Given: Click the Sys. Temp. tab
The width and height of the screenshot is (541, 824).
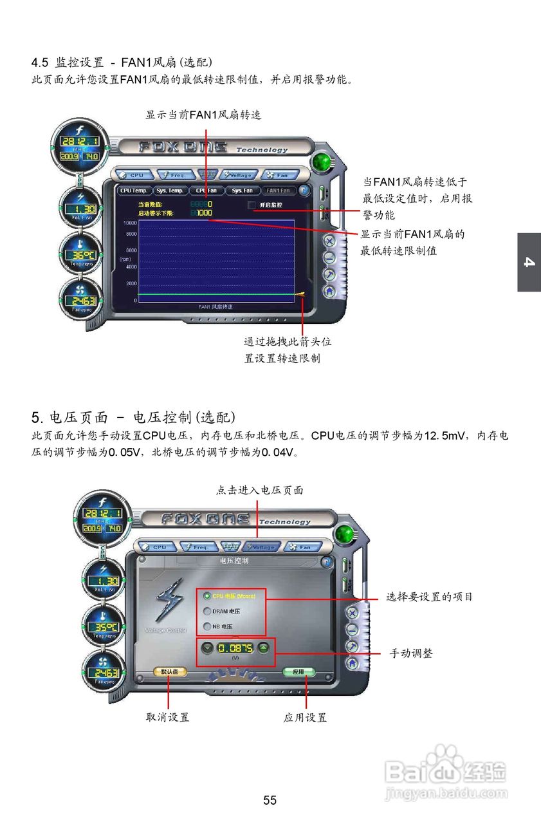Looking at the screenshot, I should coord(170,191).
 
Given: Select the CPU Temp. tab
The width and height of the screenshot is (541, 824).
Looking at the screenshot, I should coord(134,191).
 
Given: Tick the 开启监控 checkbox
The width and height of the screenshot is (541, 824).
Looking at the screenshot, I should coord(252,205).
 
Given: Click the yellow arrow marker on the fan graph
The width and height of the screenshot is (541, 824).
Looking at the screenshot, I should coord(300,294).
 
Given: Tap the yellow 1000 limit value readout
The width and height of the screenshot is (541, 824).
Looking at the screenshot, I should coord(204,213).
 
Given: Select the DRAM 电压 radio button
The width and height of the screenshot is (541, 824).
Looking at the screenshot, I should coord(207,612).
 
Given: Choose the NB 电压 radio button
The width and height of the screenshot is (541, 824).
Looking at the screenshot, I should coord(207,626).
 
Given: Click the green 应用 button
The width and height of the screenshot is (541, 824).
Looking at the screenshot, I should coord(298,671).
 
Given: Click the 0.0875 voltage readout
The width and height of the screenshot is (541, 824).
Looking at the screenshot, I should coord(235,648).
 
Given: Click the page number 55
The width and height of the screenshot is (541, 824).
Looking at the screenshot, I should coord(270,800).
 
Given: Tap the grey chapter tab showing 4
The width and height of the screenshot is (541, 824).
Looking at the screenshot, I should coord(529,262).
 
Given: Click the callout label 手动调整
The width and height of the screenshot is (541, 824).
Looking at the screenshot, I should coord(411,653).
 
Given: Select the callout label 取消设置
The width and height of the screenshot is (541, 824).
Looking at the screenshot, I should coord(167,717).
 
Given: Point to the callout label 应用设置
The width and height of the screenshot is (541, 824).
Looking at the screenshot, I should coord(305,717).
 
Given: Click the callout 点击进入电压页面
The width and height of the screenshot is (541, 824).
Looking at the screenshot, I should coord(259,491).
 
